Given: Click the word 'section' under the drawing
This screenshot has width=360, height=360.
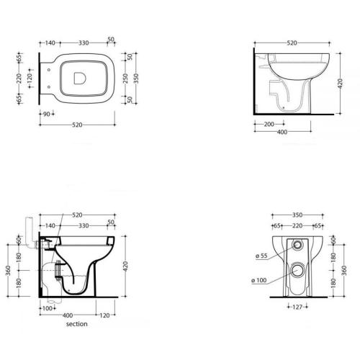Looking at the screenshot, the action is click(77, 324).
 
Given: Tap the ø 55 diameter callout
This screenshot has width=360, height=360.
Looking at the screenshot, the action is click(261, 256).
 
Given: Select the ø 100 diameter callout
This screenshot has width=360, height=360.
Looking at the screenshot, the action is click(259, 280).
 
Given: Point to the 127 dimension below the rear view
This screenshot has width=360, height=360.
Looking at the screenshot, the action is click(297, 307).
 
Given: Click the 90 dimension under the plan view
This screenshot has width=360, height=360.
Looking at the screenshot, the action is click(47, 114).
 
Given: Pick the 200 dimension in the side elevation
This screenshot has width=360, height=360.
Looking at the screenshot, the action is click(269, 125).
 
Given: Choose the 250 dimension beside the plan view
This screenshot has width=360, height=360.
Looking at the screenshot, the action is click(125, 78).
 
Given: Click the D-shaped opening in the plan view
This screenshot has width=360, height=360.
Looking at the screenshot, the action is click(79, 78).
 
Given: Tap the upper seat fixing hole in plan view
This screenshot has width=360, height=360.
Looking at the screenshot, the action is click(49, 70).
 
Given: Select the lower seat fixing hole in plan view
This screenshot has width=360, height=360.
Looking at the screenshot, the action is click(49, 87).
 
